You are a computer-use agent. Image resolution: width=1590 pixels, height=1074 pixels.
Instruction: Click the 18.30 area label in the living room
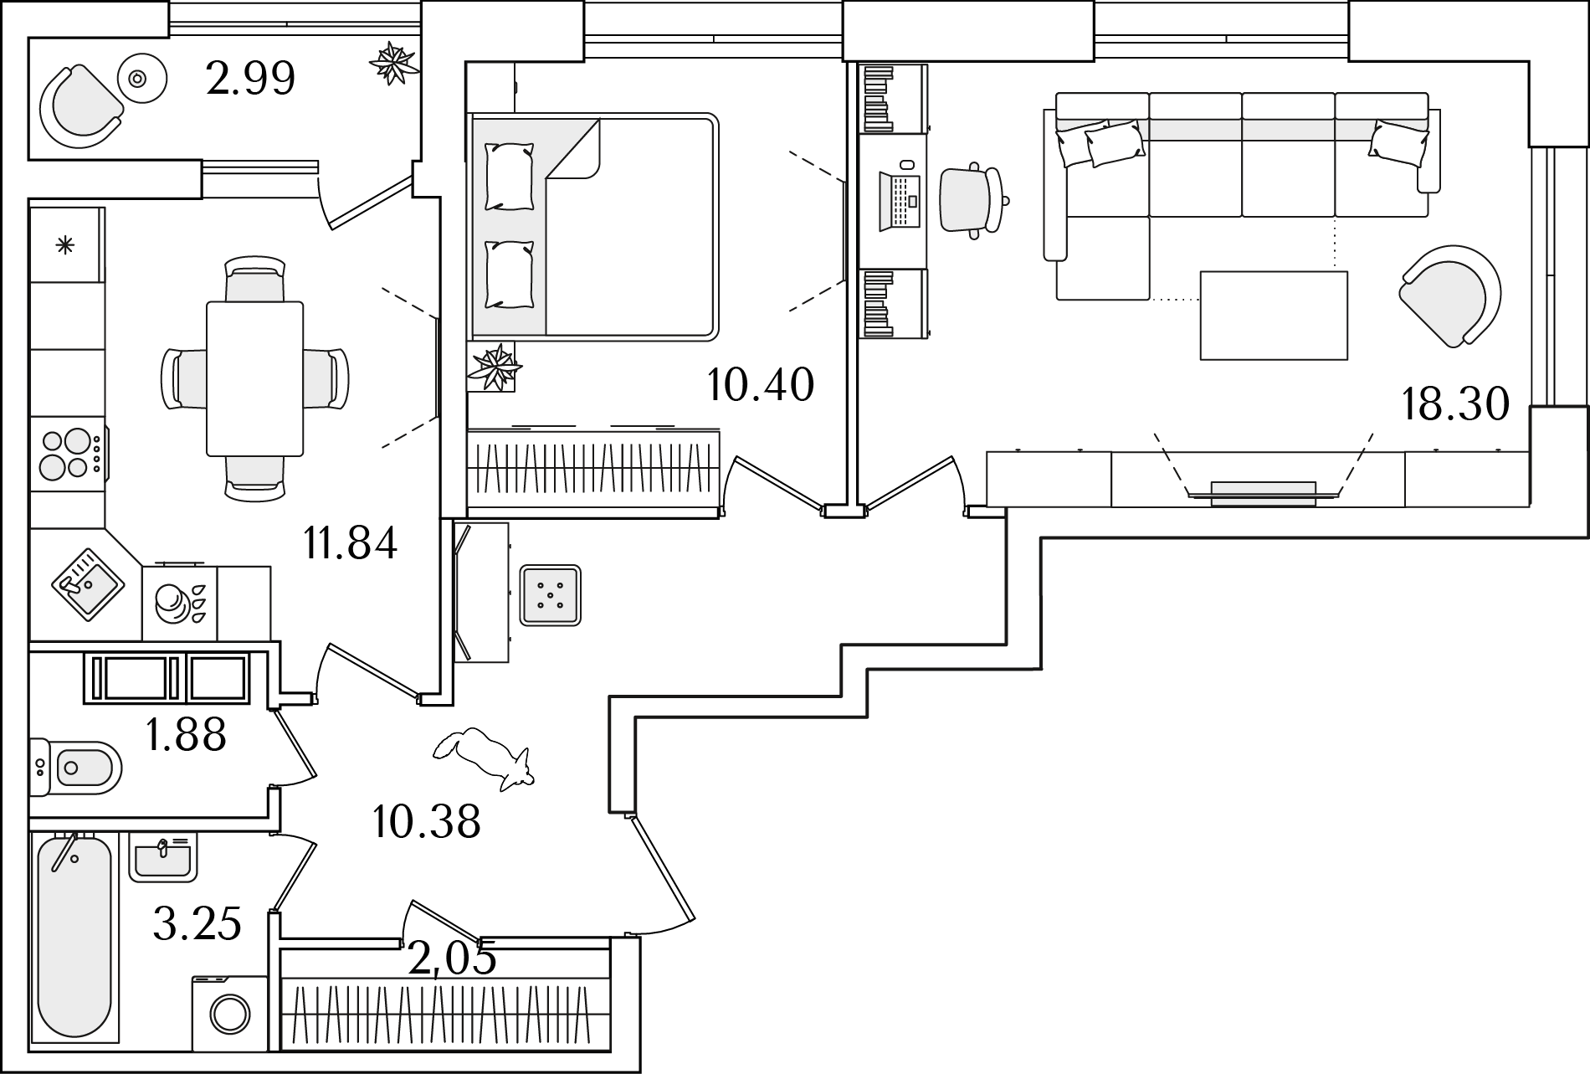(x=1454, y=404)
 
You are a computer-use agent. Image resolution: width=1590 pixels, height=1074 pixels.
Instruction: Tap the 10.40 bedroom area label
(x=760, y=386)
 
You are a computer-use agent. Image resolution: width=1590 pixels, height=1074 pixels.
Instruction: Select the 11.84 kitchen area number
(x=350, y=543)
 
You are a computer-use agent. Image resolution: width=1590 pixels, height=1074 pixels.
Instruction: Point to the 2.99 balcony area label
(x=250, y=79)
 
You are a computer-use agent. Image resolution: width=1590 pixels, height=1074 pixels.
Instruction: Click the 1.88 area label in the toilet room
(x=185, y=735)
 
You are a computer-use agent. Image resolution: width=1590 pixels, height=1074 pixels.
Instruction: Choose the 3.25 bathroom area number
(x=197, y=924)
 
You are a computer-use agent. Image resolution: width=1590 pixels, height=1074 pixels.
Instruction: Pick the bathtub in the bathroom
(x=74, y=940)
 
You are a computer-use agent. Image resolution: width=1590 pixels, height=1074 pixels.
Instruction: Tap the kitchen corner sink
(x=89, y=584)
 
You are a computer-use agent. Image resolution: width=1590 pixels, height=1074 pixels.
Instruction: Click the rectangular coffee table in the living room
(x=1274, y=316)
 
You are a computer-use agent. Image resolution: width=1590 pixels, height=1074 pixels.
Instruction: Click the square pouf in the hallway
(x=550, y=595)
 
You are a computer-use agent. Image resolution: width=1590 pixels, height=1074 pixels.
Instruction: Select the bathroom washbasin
(x=163, y=858)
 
